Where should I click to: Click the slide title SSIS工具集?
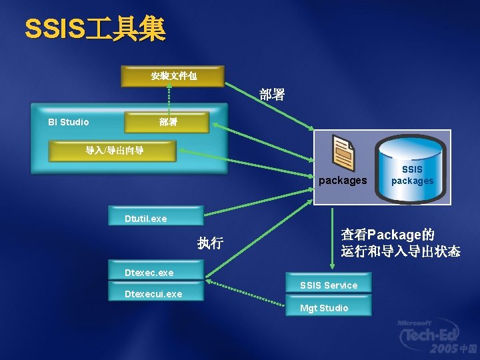click(95, 29)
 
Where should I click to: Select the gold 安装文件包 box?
click(173, 76)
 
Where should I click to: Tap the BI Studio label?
click(68, 122)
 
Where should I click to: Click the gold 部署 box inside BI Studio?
click(167, 122)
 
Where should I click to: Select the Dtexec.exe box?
click(155, 271)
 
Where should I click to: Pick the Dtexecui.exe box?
click(155, 293)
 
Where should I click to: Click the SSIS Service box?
click(329, 285)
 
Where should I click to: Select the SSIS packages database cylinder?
click(412, 168)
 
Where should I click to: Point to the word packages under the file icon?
click(343, 181)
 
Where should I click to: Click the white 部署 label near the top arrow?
click(272, 95)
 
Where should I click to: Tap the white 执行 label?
click(210, 243)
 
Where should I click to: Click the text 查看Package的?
click(387, 235)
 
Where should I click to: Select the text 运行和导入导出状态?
click(400, 251)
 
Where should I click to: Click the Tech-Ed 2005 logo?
click(437, 336)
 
